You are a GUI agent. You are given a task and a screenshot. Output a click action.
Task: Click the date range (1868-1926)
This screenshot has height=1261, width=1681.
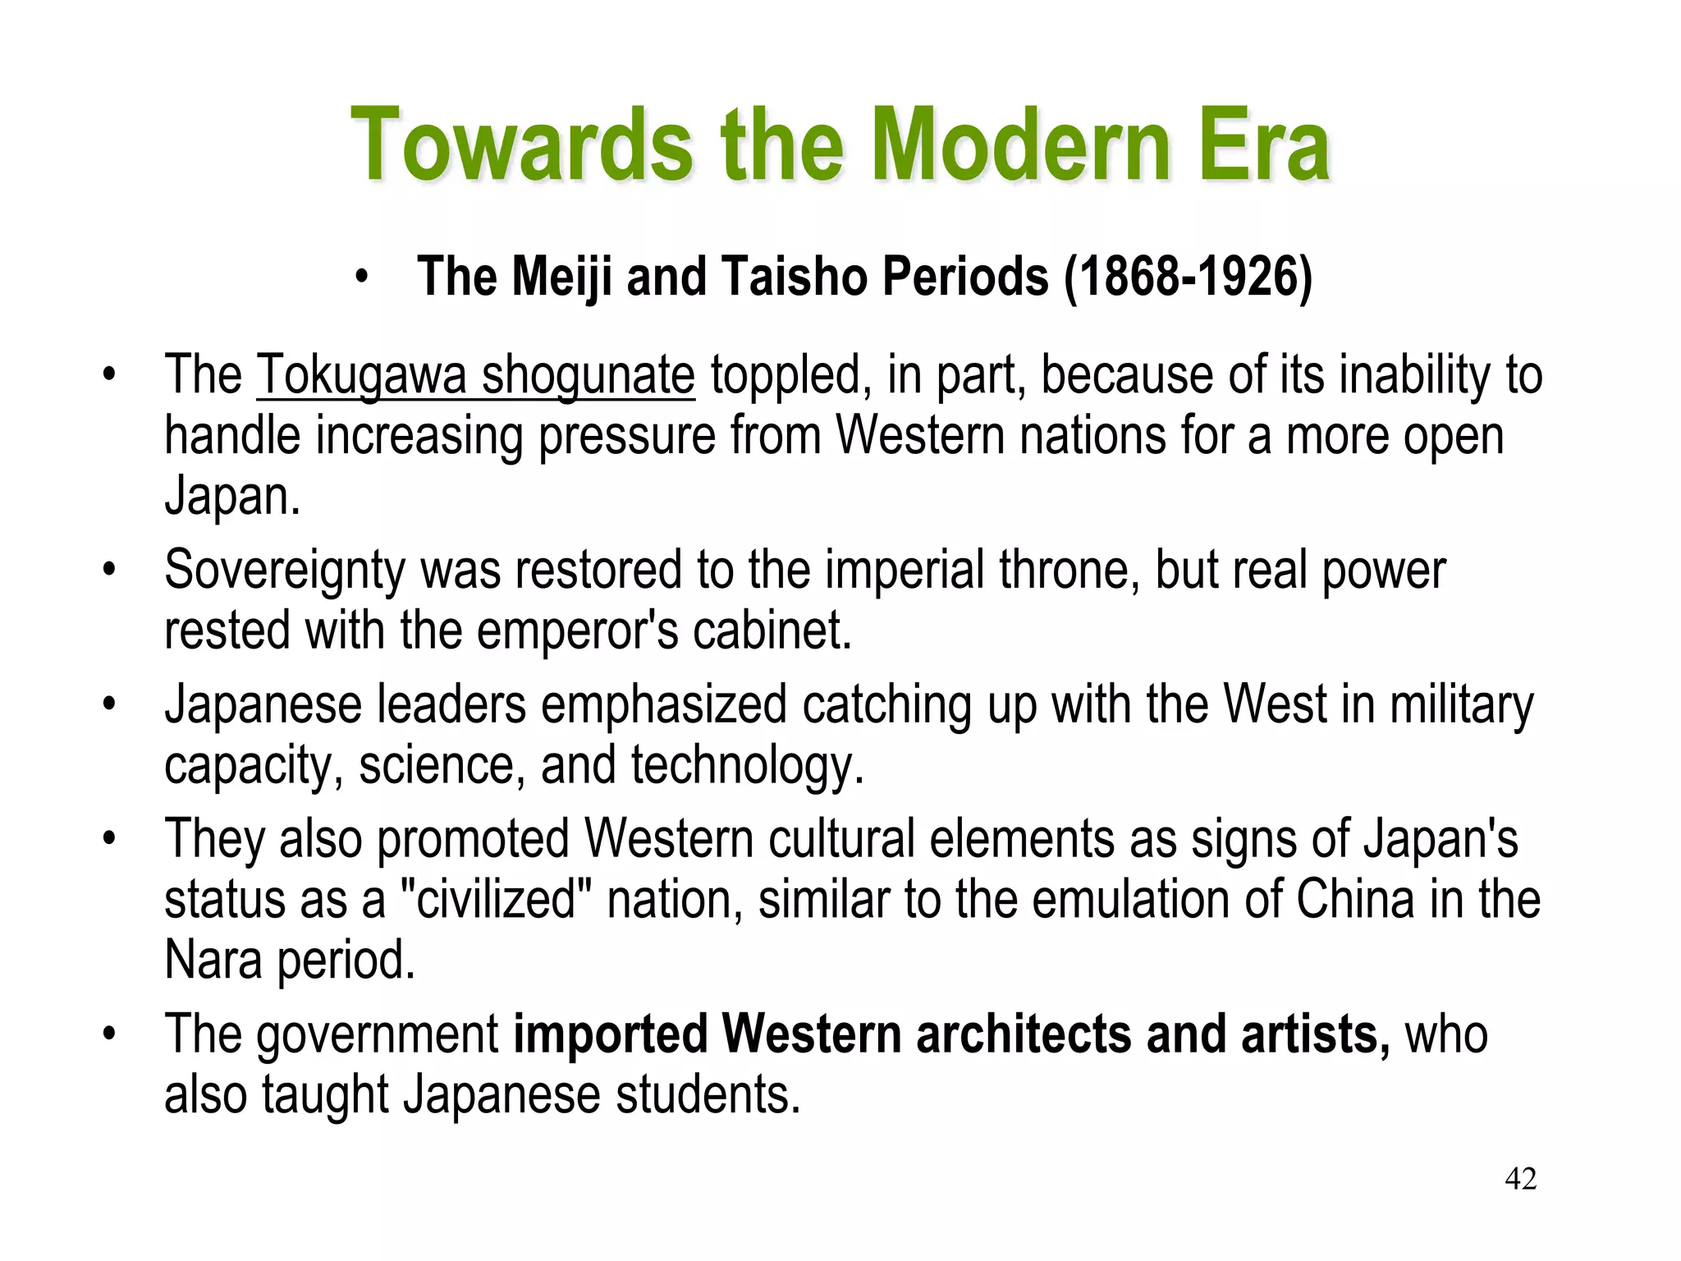click(1188, 277)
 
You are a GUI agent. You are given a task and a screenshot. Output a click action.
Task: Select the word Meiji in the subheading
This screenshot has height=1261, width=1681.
click(561, 277)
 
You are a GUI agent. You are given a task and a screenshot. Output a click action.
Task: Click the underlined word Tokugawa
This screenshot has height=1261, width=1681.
click(361, 375)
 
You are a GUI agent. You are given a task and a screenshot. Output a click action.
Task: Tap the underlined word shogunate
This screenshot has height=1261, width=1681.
click(588, 375)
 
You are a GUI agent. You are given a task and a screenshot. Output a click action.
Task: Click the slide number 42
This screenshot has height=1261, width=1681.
click(1520, 1179)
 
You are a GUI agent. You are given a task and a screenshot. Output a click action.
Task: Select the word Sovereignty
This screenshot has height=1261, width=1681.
click(285, 571)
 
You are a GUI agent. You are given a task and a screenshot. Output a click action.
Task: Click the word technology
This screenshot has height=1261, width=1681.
click(748, 765)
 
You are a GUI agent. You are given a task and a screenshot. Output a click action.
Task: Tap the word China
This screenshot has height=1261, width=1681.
click(1355, 900)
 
